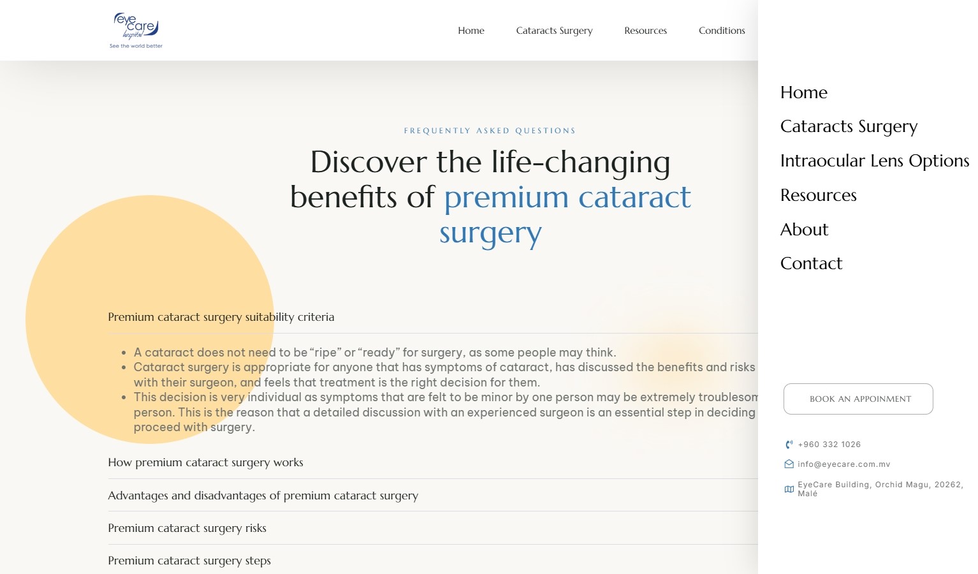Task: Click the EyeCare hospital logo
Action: [x=136, y=30]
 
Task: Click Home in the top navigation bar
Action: [x=471, y=31]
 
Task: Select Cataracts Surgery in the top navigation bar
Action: [x=554, y=31]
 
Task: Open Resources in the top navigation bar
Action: [x=645, y=31]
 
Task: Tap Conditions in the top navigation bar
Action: [x=722, y=31]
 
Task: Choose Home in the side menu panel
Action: [x=804, y=92]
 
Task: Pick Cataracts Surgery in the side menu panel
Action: [x=849, y=126]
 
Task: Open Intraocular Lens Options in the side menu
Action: [x=875, y=161]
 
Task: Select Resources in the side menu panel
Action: [x=818, y=195]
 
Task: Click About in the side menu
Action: [x=804, y=230]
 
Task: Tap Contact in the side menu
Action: [x=811, y=263]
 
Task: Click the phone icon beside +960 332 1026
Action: [x=789, y=445]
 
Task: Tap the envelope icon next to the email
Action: [x=789, y=464]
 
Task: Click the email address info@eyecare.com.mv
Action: [x=843, y=464]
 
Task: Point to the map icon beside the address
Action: [x=789, y=489]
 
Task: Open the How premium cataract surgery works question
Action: [x=205, y=462]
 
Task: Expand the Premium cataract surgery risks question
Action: [x=187, y=528]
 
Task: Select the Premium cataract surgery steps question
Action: [x=189, y=561]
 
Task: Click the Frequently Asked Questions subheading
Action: [x=490, y=131]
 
